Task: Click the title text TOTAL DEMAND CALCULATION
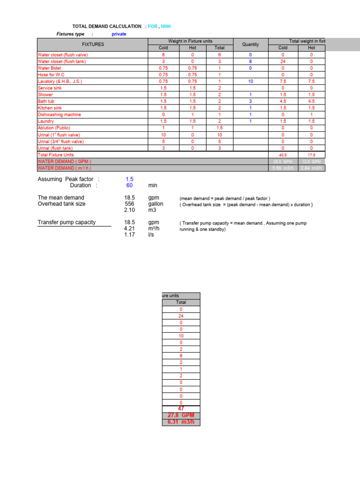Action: tap(106, 26)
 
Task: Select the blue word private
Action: tap(119, 34)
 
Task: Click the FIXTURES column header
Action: tap(93, 45)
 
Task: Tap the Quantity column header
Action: tap(250, 45)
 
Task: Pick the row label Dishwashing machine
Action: tap(59, 114)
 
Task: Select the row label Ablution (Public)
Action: tap(54, 128)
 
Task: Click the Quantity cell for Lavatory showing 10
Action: tap(250, 82)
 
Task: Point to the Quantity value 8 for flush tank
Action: tap(250, 61)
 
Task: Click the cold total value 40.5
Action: tap(283, 155)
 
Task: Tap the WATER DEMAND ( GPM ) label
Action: tap(61, 161)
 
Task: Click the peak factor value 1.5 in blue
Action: tap(130, 179)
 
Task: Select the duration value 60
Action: tap(130, 186)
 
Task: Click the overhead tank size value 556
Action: tap(130, 204)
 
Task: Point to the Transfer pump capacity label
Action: tap(66, 222)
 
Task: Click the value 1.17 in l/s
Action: tap(130, 235)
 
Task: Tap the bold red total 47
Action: tap(181, 409)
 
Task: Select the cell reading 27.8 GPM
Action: tap(181, 415)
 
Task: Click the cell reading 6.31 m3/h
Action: tap(181, 422)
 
